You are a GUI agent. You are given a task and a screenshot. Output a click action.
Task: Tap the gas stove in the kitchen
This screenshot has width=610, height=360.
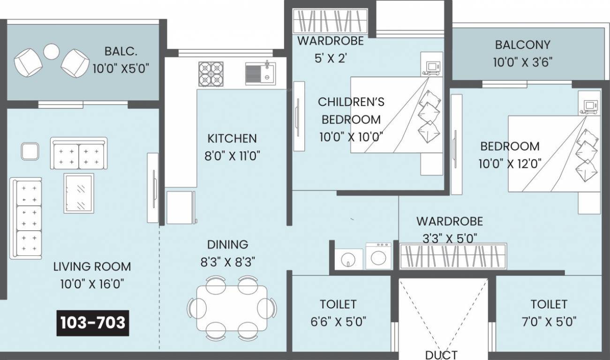(211, 74)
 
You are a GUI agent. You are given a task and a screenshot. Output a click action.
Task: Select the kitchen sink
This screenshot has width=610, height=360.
(260, 74)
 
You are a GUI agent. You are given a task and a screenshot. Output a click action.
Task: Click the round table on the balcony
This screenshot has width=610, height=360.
(52, 51)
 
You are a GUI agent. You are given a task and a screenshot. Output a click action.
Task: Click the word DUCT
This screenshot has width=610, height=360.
(441, 354)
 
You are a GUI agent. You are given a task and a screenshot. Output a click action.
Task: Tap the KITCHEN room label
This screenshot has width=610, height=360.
(232, 138)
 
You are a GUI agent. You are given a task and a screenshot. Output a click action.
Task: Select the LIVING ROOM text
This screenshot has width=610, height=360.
(92, 267)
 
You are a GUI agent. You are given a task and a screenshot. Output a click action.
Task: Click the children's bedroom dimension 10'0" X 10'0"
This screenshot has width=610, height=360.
(351, 137)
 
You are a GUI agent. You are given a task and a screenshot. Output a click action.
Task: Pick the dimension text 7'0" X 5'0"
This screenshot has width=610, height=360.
(548, 322)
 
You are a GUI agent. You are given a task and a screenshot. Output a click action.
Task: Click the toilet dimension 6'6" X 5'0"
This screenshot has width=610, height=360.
(338, 322)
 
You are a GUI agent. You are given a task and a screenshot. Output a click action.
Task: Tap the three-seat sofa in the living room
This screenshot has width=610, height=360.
(26, 218)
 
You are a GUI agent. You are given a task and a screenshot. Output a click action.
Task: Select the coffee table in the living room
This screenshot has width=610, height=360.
(78, 193)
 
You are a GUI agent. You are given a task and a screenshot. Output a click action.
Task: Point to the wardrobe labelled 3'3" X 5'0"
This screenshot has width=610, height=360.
(453, 256)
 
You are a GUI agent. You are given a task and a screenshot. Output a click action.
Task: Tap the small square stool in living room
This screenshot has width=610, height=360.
(29, 151)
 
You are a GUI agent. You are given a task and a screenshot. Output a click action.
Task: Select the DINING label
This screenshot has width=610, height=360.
(228, 245)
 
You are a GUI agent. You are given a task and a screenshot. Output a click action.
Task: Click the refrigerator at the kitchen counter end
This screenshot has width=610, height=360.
(181, 207)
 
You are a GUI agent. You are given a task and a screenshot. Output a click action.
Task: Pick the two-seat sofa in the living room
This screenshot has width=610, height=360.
(79, 153)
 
